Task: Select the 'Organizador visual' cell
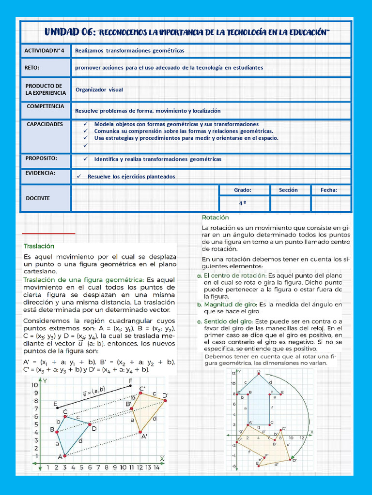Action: click(99, 89)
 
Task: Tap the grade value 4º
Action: click(243, 204)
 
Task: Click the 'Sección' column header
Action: click(288, 190)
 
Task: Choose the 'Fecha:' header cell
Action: click(329, 190)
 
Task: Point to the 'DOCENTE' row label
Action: click(38, 198)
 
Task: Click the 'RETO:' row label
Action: click(32, 67)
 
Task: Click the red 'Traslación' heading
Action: click(38, 246)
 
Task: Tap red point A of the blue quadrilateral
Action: click(64, 455)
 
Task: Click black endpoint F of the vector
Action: click(131, 386)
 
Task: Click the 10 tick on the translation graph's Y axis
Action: click(35, 385)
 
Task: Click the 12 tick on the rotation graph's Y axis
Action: click(233, 373)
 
